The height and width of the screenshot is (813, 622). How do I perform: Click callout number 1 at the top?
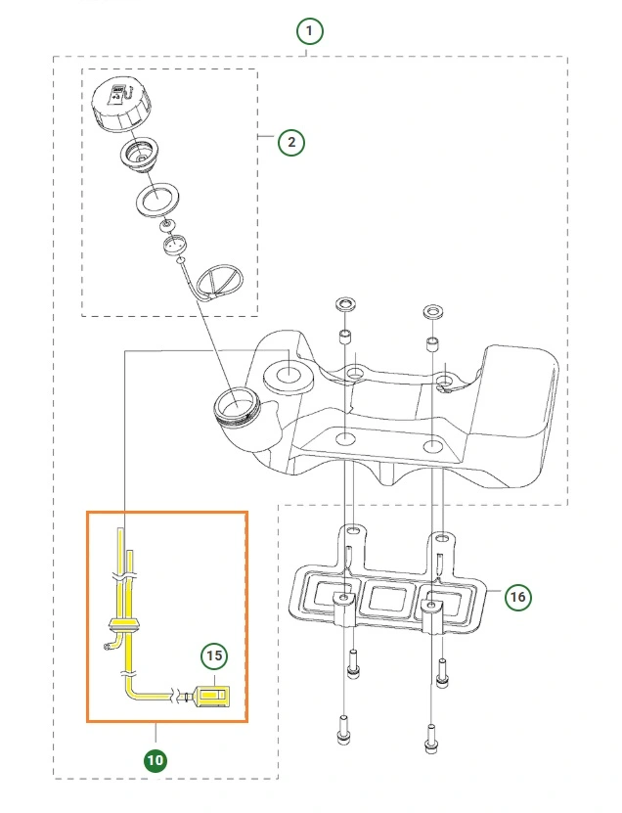coord(309,31)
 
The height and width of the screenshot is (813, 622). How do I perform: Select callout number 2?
coord(291,142)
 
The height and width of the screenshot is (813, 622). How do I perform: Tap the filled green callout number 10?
coord(155,760)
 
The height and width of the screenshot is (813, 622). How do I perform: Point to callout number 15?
coord(214,655)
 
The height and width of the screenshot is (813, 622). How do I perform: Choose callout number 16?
coord(517,597)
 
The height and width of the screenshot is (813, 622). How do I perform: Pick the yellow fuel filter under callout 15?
coord(211,696)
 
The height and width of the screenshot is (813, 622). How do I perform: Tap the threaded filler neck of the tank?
coord(237,406)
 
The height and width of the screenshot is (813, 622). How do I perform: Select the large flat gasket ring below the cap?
coord(158,198)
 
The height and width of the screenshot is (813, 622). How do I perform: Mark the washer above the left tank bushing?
coord(346,304)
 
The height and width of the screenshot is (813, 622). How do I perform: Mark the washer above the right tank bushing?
coord(434,313)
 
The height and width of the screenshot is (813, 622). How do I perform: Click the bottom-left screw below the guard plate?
coord(343,729)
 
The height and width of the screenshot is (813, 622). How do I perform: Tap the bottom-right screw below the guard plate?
coord(431,739)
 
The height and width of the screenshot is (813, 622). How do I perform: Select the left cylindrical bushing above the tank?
coord(344,336)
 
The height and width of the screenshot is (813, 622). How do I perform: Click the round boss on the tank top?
coord(289,376)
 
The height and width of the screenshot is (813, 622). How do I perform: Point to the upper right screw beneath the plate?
coord(442,672)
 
